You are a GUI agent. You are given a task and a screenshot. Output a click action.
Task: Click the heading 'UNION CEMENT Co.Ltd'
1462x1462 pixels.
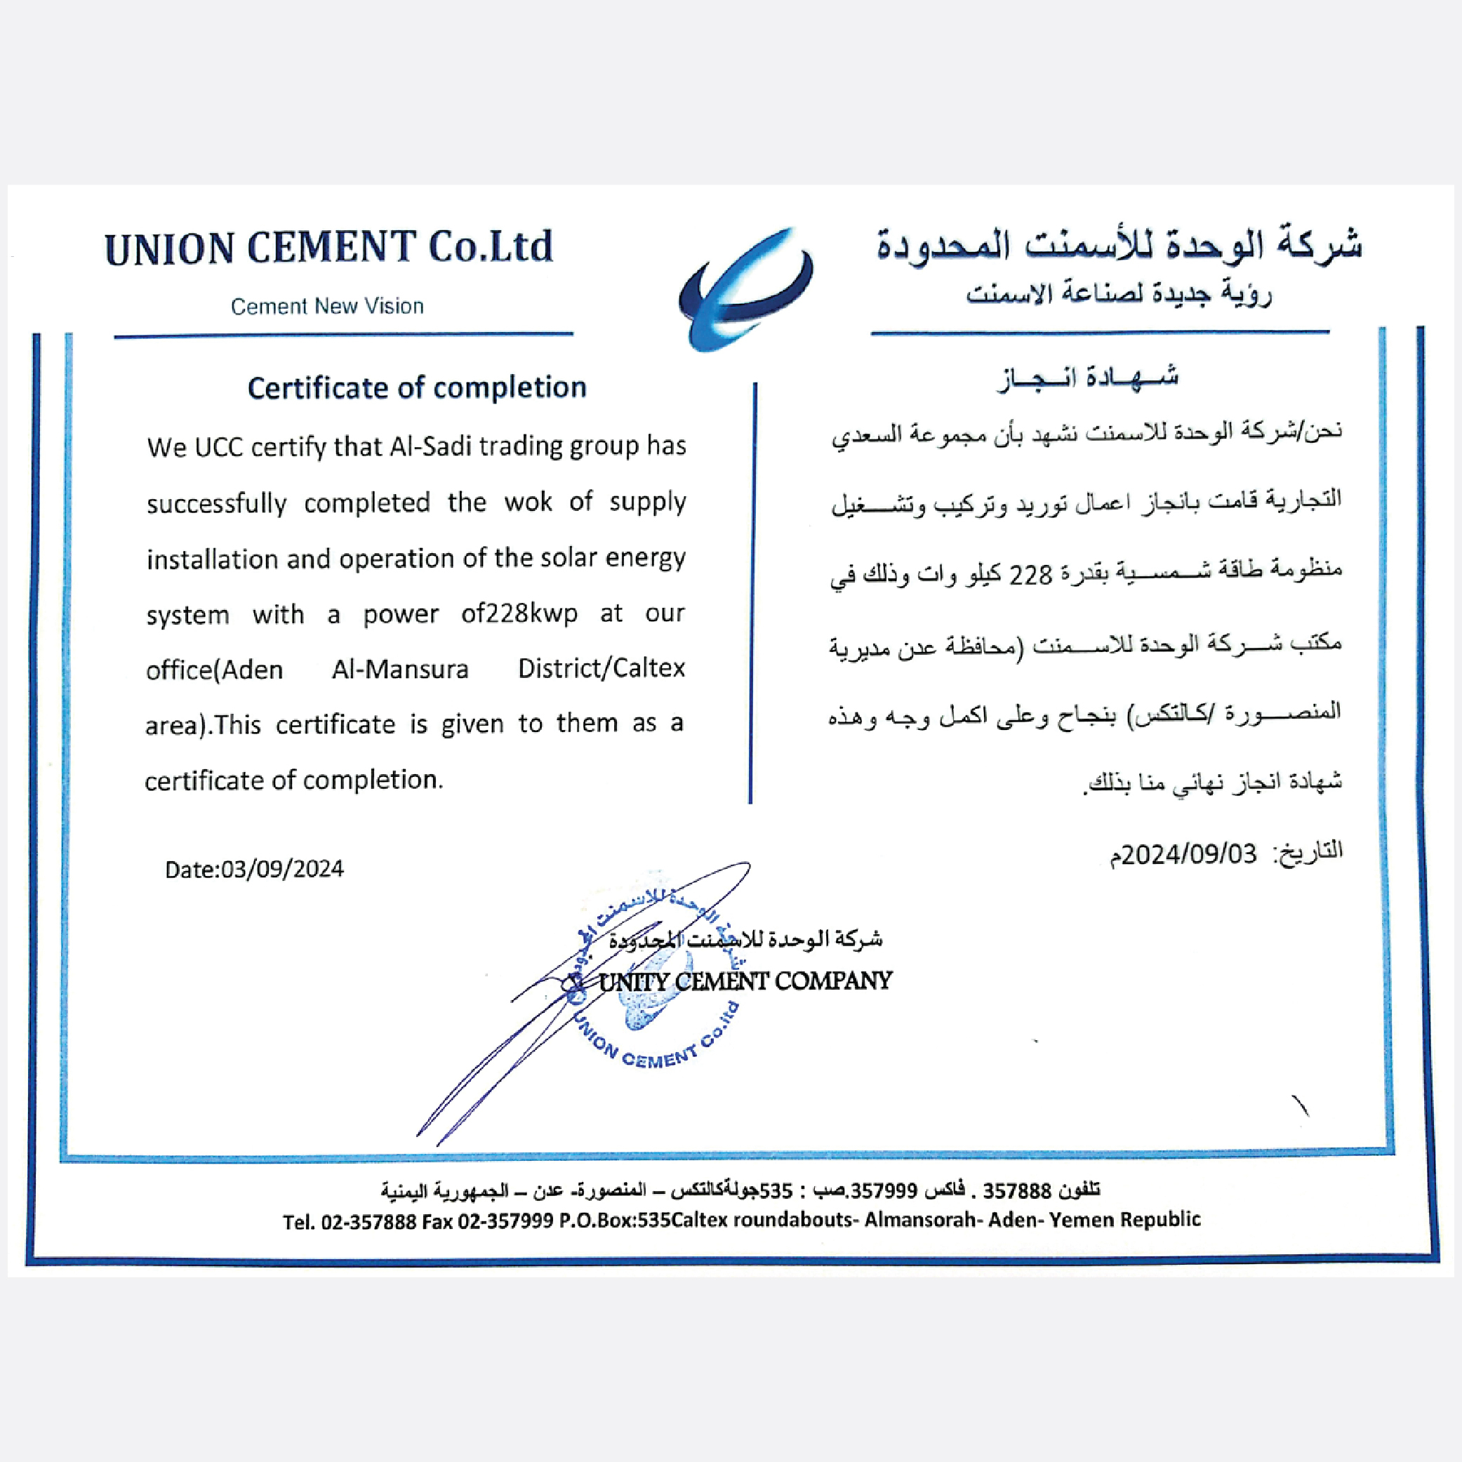[x=329, y=248]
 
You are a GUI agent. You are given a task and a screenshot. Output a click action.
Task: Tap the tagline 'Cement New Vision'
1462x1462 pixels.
[x=327, y=307]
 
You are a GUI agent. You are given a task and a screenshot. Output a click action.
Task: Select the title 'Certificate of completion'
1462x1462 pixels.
[x=417, y=388]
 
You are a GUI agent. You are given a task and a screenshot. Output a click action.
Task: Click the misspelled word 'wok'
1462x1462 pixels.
[x=529, y=502]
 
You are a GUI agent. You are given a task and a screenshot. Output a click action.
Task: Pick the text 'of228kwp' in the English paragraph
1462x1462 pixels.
[x=519, y=613]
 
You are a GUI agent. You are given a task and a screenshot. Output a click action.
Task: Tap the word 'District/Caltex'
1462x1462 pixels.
[x=602, y=669]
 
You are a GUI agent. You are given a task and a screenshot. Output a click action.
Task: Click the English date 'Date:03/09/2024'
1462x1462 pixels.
[x=254, y=869]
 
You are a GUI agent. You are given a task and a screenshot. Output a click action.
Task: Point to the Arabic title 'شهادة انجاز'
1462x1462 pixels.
[x=1088, y=377]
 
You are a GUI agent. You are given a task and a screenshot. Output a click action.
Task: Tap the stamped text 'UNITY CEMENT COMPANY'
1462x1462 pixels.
[x=745, y=981]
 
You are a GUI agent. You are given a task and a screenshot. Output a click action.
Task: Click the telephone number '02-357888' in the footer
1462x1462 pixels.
[x=368, y=1220]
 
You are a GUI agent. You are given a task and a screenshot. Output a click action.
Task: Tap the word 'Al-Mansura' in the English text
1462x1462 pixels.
[x=400, y=670]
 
